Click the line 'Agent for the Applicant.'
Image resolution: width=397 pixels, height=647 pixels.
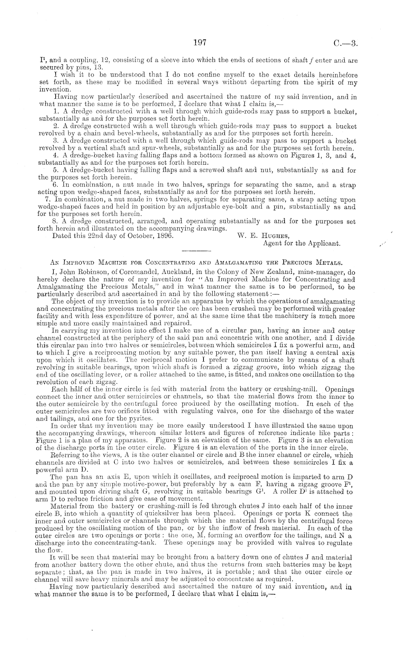pyautogui.click(x=301, y=244)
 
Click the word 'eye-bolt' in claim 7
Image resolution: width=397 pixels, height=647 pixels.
pyautogui.click(x=216, y=207)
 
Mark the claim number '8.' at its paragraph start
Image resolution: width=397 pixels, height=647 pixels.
pyautogui.click(x=55, y=222)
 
